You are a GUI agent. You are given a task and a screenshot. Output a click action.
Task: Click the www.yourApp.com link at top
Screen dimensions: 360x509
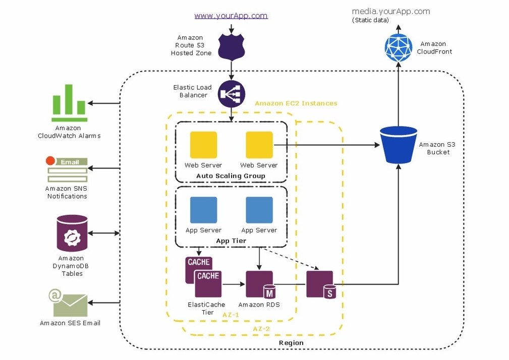click(x=231, y=16)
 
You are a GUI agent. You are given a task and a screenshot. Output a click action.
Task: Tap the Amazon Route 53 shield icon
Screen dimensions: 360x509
click(x=232, y=45)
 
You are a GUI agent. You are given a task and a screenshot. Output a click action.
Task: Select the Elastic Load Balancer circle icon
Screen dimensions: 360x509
click(x=232, y=94)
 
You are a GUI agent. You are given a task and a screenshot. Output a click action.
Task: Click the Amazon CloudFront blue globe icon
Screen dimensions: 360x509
click(x=399, y=47)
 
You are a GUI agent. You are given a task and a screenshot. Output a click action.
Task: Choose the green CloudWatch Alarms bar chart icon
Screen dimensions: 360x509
click(x=69, y=103)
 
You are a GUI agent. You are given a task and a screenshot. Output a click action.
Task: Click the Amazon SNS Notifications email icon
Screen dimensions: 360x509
click(x=67, y=169)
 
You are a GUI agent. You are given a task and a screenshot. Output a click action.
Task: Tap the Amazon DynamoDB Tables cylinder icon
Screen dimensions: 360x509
click(x=72, y=233)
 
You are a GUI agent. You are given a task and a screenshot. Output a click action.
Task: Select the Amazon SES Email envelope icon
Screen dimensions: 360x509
click(x=69, y=303)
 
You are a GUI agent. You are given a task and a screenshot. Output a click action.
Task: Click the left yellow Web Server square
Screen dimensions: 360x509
click(x=203, y=145)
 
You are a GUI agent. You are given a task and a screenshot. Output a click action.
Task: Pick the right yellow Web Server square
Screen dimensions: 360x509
click(x=259, y=145)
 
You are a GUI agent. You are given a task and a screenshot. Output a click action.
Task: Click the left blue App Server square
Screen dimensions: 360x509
click(x=203, y=210)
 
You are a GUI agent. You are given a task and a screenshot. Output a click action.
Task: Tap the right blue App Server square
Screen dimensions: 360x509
click(x=259, y=210)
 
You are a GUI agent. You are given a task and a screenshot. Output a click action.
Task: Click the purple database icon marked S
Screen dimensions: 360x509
click(x=320, y=284)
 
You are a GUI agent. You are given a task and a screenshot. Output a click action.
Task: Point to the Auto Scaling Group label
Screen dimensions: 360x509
click(x=231, y=176)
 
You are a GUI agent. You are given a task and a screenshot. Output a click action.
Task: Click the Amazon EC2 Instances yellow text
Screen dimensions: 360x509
click(x=296, y=103)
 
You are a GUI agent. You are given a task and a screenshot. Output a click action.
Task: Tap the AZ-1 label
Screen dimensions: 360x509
click(x=231, y=314)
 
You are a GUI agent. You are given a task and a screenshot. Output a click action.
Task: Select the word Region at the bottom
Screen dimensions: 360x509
click(x=291, y=343)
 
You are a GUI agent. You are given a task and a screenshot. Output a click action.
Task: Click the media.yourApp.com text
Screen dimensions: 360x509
click(x=390, y=11)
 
